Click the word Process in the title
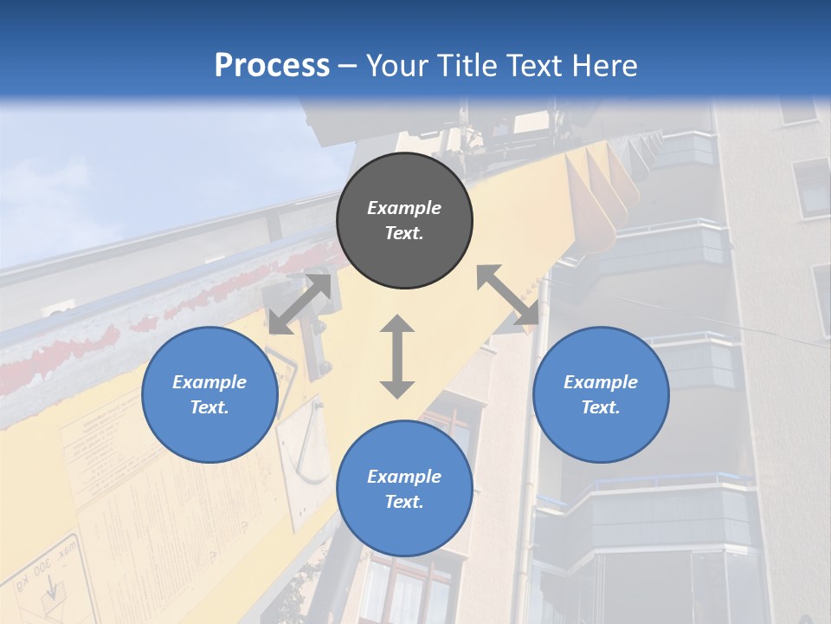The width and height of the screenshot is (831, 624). (272, 66)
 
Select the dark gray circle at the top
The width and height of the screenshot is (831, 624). (404, 221)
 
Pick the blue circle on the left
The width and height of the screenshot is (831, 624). (209, 394)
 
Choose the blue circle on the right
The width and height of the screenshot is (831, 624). (601, 394)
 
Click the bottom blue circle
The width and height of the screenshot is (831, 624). (404, 489)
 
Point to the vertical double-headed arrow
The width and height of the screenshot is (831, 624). (397, 356)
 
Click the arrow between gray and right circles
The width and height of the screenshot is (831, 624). (508, 295)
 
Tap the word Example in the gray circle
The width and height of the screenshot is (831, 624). (404, 208)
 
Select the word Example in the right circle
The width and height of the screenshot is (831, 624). (601, 382)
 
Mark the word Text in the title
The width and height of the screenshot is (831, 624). (530, 66)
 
